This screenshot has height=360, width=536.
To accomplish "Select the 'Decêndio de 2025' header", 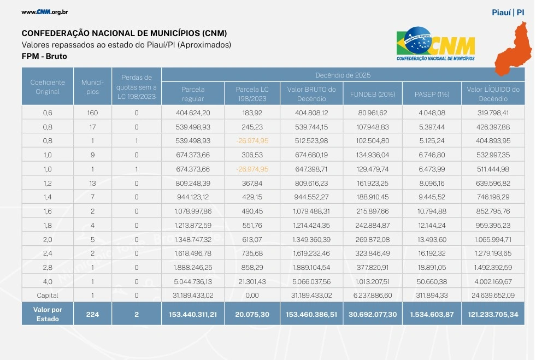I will [x=343, y=75].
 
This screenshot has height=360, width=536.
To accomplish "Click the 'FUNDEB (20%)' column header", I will [x=372, y=94].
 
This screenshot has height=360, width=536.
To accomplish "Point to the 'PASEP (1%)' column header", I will [x=432, y=94].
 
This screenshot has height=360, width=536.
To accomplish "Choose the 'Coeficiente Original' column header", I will [x=48, y=87].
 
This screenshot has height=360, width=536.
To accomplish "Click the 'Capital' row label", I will [x=48, y=296].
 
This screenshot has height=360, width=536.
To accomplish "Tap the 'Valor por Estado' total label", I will [x=48, y=314].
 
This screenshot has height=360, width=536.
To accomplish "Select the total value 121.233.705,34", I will [x=493, y=314].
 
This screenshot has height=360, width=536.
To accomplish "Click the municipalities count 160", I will [x=93, y=113].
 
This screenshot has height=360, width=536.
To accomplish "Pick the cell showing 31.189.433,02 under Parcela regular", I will [x=192, y=296].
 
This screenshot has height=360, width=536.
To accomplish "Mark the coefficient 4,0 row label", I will [x=48, y=281].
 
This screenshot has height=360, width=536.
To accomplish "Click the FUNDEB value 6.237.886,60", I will [x=372, y=296].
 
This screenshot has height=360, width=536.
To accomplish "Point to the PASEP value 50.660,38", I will [x=432, y=281].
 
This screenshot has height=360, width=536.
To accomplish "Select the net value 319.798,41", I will [x=493, y=113].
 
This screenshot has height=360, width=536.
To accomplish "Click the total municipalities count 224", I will [x=93, y=314].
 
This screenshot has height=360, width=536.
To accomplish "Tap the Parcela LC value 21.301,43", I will [x=252, y=281].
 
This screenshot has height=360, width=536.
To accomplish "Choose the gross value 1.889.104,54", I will [x=311, y=267].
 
